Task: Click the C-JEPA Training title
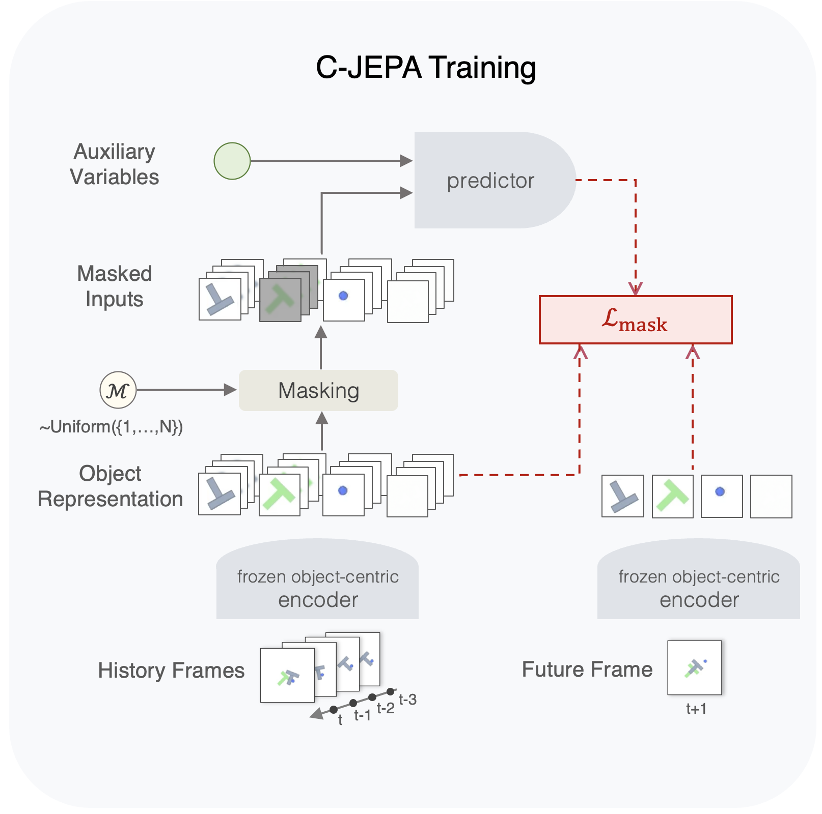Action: click(x=426, y=68)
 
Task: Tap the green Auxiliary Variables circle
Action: click(x=232, y=161)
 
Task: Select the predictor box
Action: click(x=491, y=180)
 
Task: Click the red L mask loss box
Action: click(x=636, y=320)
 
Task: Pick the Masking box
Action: click(x=318, y=390)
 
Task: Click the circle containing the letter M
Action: click(x=118, y=390)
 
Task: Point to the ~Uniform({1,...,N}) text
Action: click(x=111, y=426)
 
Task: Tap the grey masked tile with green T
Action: click(x=280, y=300)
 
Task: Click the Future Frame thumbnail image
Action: click(x=695, y=667)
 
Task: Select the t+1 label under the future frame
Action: click(x=696, y=709)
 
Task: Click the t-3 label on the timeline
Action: click(x=407, y=700)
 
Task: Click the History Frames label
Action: click(x=171, y=670)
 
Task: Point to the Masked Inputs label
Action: click(x=114, y=286)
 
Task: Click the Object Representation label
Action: click(x=110, y=486)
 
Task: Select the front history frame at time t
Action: click(x=287, y=675)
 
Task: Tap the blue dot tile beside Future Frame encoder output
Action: click(x=722, y=496)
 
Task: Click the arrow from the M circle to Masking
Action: click(x=186, y=390)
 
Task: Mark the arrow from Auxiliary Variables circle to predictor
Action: click(x=331, y=161)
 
